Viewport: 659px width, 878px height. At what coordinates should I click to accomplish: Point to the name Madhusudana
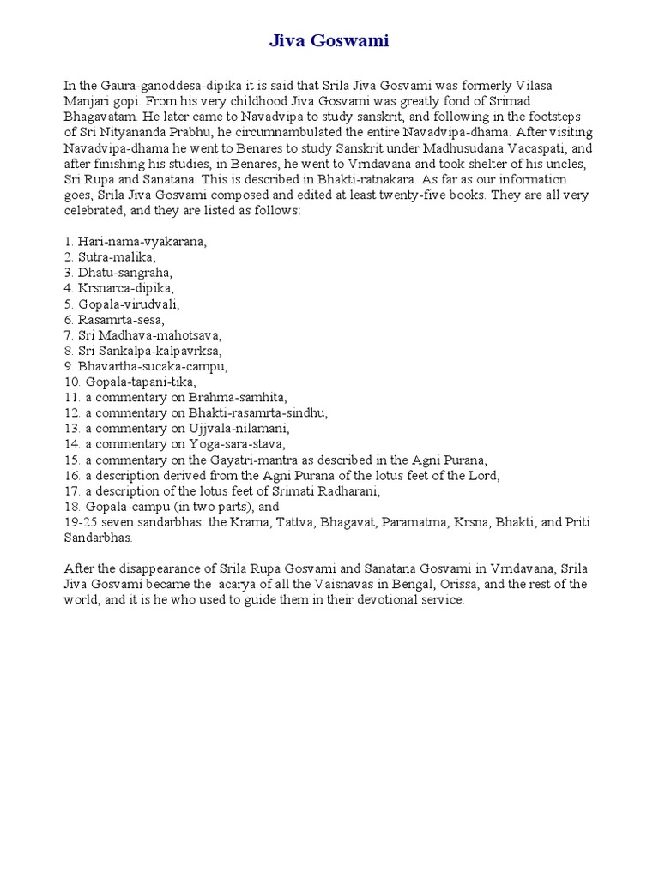click(405, 148)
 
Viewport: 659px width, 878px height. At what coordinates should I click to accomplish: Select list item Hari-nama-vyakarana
click(142, 243)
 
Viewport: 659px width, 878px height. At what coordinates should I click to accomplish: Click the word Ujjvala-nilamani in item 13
click(245, 429)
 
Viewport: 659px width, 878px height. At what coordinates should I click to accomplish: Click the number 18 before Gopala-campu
click(71, 507)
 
